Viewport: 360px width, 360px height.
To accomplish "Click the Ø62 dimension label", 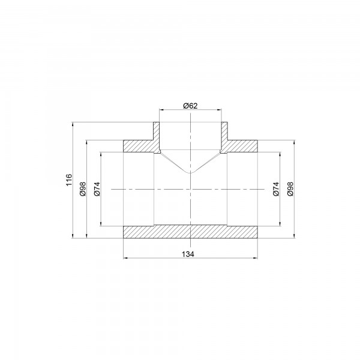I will coord(190,106).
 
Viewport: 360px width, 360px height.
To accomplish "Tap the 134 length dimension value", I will coord(190,254).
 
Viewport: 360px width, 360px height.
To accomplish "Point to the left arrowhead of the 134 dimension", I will coord(125,259).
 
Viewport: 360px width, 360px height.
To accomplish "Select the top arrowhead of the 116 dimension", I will coord(73,125).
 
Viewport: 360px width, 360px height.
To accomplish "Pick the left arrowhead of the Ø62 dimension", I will coord(160,110).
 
